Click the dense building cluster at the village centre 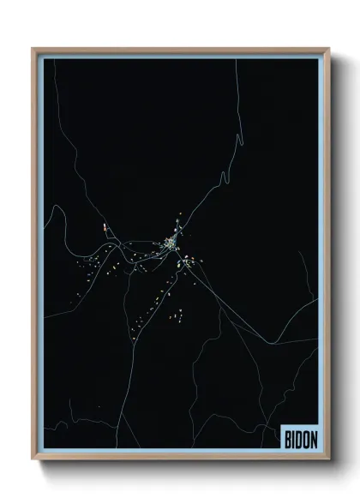point(171,246)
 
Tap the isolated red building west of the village point(105,228)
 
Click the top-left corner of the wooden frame point(33,49)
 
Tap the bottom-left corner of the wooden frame point(33,457)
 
